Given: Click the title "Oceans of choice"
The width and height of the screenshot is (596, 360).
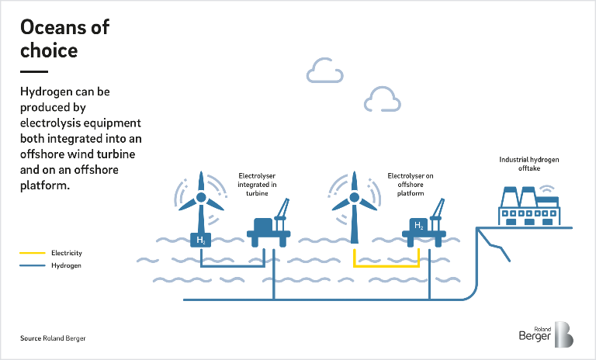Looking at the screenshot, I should tap(64, 39).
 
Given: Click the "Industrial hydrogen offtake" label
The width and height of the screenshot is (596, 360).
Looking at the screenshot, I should tap(528, 163).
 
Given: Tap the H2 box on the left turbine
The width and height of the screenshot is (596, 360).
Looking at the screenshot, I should tap(200, 240).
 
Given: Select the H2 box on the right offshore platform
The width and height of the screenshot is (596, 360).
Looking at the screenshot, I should tap(418, 226).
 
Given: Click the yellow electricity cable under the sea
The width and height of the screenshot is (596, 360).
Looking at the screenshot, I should tap(386, 265).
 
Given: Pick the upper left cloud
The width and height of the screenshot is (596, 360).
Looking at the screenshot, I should tap(324, 71).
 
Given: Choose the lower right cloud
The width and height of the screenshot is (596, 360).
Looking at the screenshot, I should tap(382, 99).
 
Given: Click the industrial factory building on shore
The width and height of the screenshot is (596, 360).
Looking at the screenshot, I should tap(529, 206).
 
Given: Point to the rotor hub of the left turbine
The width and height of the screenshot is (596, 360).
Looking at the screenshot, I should tap(200, 198).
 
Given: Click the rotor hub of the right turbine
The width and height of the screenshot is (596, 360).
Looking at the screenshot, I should tap(355, 197).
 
